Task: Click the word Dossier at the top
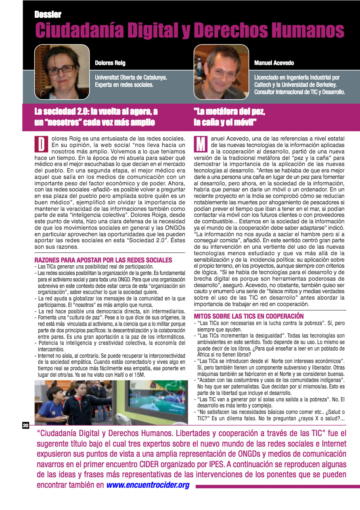pos(48,15)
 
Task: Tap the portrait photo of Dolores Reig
pos(62,72)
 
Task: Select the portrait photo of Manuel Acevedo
pos(221,72)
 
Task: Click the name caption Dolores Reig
pos(110,63)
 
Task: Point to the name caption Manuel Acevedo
pos(274,63)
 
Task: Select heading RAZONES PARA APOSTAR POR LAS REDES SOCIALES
pos(103,260)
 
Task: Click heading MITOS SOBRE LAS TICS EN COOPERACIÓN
pos(254,316)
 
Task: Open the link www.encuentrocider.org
pos(148,485)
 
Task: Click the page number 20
pos(25,425)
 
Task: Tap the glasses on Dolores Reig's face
pos(61,69)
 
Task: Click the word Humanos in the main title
pos(308,30)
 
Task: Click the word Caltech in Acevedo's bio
pos(264,84)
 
